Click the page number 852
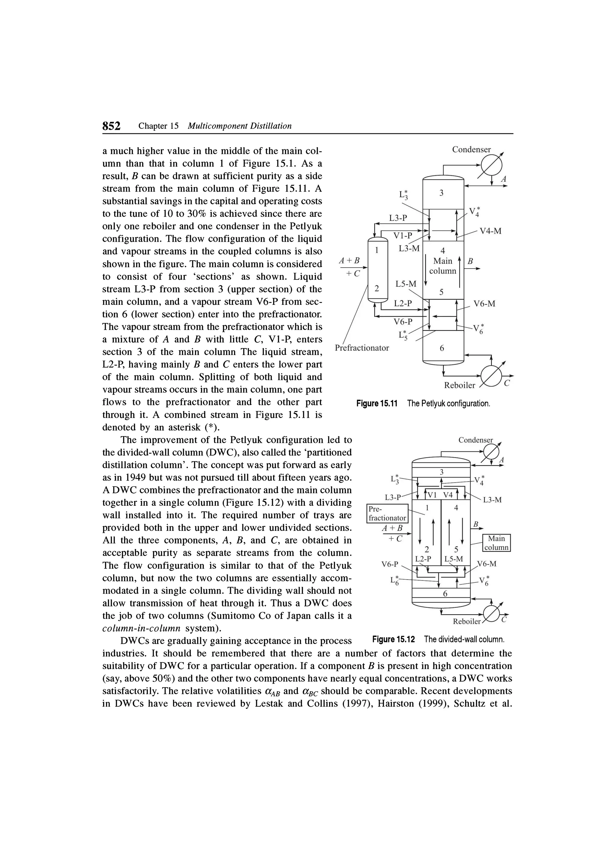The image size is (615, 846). coord(111,126)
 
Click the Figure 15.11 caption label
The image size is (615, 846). coord(377,404)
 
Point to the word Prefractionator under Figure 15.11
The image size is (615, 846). coord(362,348)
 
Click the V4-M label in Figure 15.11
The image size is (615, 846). coord(490,231)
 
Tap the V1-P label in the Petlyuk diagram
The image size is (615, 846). coord(403,236)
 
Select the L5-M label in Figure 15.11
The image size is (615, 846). coord(406,284)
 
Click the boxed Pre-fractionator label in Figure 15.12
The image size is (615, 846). coord(387,514)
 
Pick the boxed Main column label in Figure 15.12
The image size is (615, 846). coord(496,543)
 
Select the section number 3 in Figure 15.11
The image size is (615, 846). coord(441,193)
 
